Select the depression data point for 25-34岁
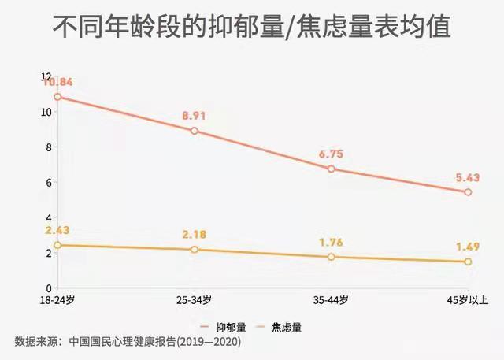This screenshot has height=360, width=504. coord(194,131)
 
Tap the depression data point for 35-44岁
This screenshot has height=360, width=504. coord(332,169)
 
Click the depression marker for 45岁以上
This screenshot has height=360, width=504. coord(469,192)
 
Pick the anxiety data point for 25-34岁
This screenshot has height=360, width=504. coord(194,250)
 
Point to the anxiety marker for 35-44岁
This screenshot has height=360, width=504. coord(332,257)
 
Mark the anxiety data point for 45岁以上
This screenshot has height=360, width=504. coord(469,262)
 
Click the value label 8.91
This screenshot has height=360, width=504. coord(194,116)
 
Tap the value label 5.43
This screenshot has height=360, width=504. coord(468,177)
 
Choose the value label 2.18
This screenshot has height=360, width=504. coord(194,236)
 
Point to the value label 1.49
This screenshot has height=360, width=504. coord(468,247)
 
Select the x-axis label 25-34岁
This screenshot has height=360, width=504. coord(194,300)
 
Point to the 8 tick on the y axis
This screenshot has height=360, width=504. coord(48,147)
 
